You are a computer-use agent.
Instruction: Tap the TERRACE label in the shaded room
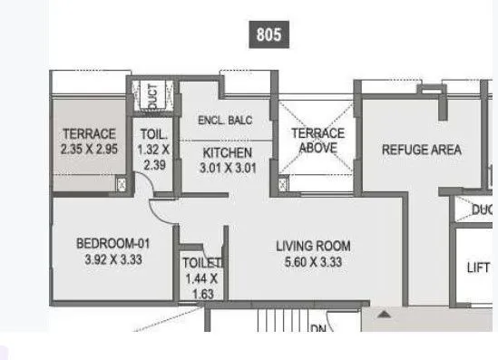(88, 134)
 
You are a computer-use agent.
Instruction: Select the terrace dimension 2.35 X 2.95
(88, 150)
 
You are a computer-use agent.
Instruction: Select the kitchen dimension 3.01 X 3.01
(227, 167)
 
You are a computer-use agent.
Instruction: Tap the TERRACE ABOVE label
(317, 141)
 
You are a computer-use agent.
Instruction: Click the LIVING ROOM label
(313, 246)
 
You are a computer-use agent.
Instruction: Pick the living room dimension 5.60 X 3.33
(313, 261)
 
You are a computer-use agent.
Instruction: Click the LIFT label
(478, 268)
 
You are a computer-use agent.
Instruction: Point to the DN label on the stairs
(317, 329)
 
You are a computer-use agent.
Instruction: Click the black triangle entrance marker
(384, 315)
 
